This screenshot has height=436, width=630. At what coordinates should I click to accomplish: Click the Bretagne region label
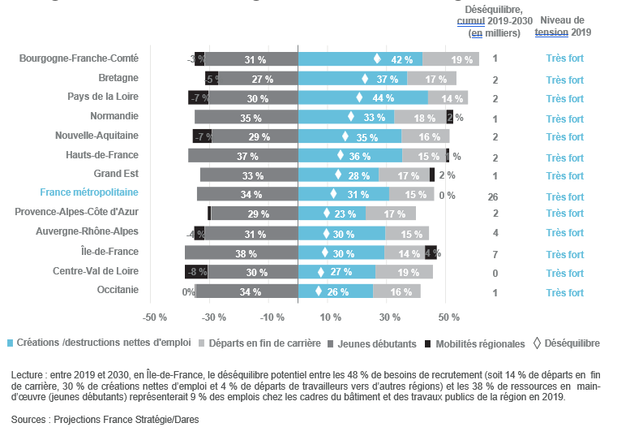click(118, 78)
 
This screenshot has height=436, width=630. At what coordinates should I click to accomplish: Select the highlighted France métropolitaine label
click(89, 193)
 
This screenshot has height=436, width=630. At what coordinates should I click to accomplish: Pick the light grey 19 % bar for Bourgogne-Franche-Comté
click(452, 59)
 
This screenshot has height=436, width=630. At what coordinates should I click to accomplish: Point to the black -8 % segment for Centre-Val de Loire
click(196, 272)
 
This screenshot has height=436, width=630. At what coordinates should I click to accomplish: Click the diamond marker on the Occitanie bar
click(319, 291)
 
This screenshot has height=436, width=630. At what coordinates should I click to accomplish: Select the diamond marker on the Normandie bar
click(351, 117)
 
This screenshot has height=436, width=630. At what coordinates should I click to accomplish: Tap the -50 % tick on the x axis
click(155, 317)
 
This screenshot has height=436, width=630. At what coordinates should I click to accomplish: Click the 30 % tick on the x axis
click(390, 317)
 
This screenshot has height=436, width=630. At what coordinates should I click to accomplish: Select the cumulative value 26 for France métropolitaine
click(493, 197)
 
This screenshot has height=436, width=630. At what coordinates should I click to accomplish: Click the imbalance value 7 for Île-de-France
click(495, 255)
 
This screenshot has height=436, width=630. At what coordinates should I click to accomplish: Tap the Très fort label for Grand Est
click(564, 176)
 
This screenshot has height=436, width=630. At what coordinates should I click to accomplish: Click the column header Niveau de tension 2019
click(564, 27)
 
